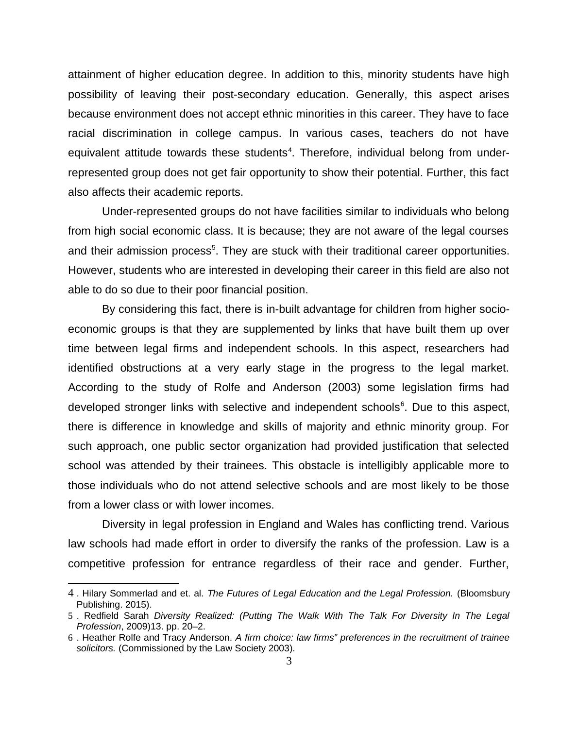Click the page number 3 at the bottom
point(289,661)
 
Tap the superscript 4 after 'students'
point(289,150)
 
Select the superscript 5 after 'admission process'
point(212,248)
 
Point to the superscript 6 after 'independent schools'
point(402,404)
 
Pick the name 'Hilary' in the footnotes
point(94,594)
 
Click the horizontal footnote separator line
point(123,582)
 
